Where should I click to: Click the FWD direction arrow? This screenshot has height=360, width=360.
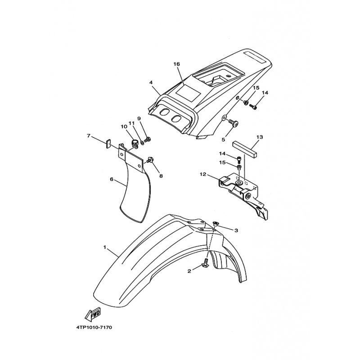93,314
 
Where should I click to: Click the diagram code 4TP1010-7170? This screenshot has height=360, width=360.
94,328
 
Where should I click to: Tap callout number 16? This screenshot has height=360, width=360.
177,64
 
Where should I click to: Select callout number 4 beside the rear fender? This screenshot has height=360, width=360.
151,82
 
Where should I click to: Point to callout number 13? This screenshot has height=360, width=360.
260,137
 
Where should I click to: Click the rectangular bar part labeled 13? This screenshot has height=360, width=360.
245,149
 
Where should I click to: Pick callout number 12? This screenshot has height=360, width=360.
203,175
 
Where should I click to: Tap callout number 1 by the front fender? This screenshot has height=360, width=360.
105,247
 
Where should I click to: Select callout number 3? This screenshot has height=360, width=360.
236,230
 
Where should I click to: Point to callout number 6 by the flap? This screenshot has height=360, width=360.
112,179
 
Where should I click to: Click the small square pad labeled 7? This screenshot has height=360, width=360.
108,144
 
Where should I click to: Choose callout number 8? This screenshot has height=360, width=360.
161,176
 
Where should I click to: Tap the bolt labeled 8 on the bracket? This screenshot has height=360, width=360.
150,160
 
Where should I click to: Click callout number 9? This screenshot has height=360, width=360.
139,118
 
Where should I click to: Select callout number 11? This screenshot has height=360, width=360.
131,123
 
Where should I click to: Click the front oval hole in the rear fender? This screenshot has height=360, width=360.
164,112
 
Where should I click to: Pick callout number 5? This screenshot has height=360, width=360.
223,139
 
